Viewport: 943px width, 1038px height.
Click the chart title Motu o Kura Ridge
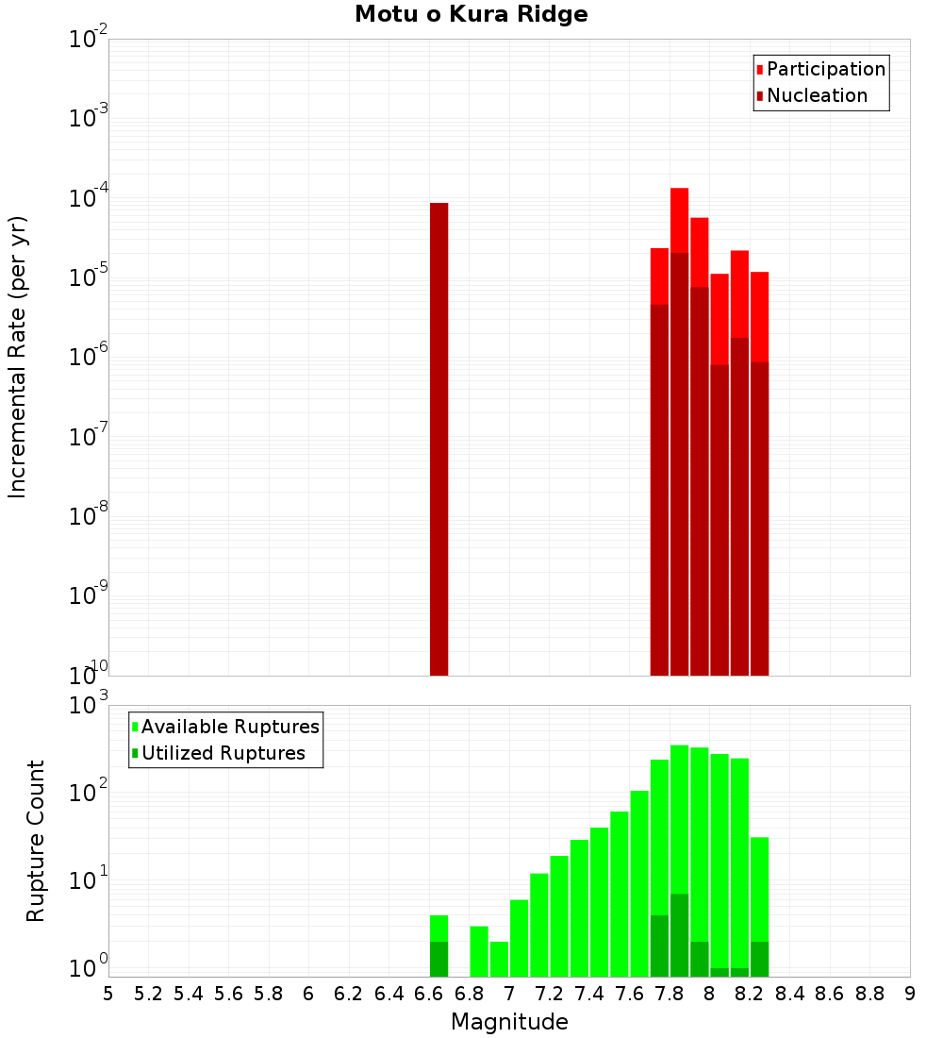point(471,15)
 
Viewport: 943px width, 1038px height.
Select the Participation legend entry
point(819,70)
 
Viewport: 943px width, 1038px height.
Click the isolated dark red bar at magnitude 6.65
point(438,439)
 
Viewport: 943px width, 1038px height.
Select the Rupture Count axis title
point(36,841)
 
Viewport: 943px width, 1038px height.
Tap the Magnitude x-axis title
point(508,1022)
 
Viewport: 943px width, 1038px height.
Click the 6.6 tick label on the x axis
point(429,994)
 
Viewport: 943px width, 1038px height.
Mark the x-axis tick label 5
point(108,994)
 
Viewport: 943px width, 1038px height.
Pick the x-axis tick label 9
point(909,994)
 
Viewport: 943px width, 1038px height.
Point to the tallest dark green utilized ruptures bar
point(679,934)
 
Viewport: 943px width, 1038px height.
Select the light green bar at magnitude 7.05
point(519,938)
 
